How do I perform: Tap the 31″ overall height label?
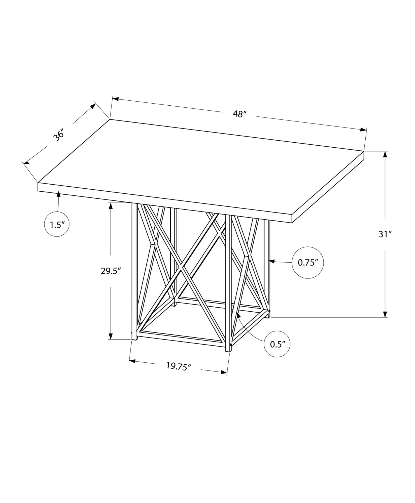(x=385, y=234)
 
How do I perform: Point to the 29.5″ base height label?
(x=111, y=271)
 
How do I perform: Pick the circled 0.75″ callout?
(x=307, y=263)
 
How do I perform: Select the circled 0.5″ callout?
(x=277, y=344)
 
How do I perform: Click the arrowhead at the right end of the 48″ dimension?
(x=363, y=130)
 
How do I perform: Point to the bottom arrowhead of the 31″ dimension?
(x=385, y=314)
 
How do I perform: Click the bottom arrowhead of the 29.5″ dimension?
(x=111, y=336)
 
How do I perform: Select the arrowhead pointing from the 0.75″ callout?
(x=272, y=262)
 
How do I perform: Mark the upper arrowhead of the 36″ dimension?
(x=93, y=106)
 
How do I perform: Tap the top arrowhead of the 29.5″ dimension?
(x=111, y=206)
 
